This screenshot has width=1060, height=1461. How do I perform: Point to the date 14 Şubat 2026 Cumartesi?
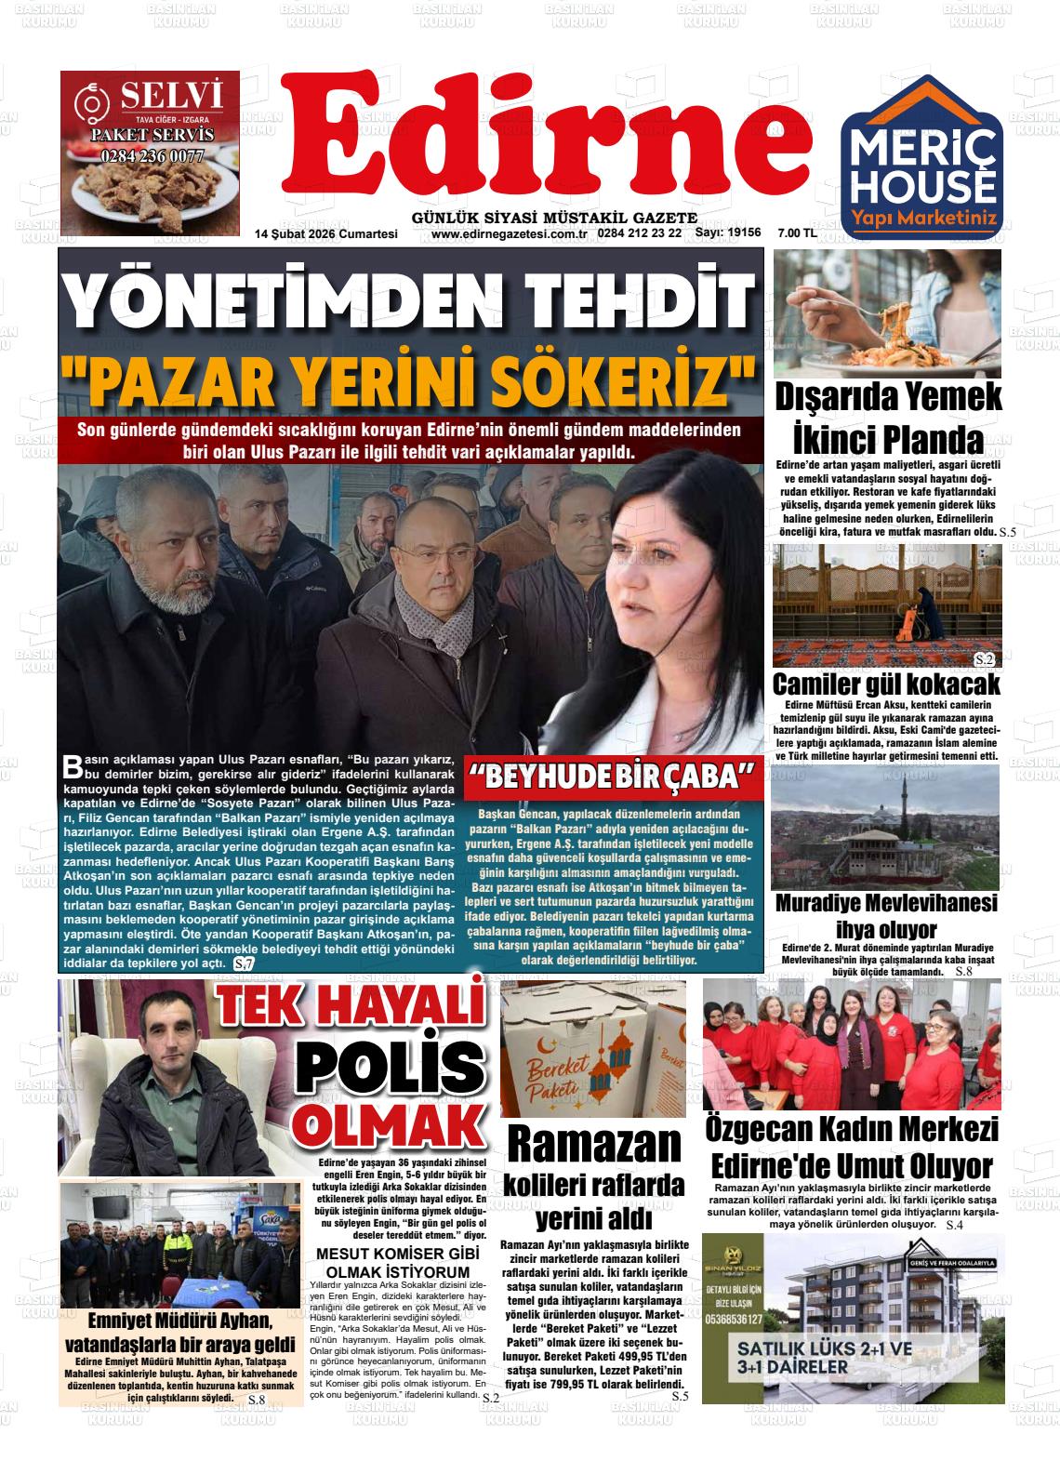pos(326,233)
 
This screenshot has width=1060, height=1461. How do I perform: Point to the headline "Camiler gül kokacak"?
pos(886,684)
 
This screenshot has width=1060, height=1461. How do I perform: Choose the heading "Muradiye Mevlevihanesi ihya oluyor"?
pos(886,916)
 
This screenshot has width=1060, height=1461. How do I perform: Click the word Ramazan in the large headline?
pos(594,1146)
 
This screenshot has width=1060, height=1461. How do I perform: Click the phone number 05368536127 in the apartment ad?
pos(735,1320)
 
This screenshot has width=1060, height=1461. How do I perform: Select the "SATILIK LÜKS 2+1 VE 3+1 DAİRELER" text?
pos(805,1358)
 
